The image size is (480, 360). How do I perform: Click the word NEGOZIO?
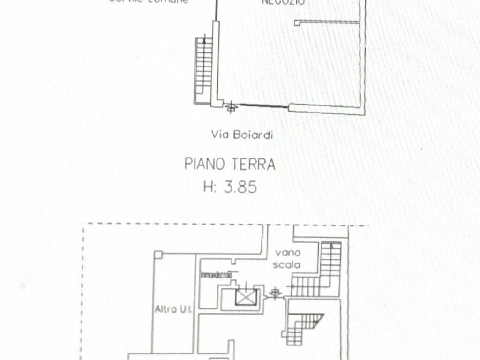pyautogui.click(x=284, y=2)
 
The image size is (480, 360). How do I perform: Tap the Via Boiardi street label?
pyautogui.click(x=242, y=135)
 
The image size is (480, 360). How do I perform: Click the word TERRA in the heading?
pyautogui.click(x=254, y=164)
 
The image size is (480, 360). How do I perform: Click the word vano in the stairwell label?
pyautogui.click(x=284, y=253)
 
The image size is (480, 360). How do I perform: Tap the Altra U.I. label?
pyautogui.click(x=171, y=309)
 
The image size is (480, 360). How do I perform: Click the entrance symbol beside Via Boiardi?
pyautogui.click(x=230, y=108)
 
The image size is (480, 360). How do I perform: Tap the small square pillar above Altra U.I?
pyautogui.click(x=158, y=255)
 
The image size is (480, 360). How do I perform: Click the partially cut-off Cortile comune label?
pyautogui.click(x=149, y=1)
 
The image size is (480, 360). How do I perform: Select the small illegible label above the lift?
pyautogui.click(x=216, y=275)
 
